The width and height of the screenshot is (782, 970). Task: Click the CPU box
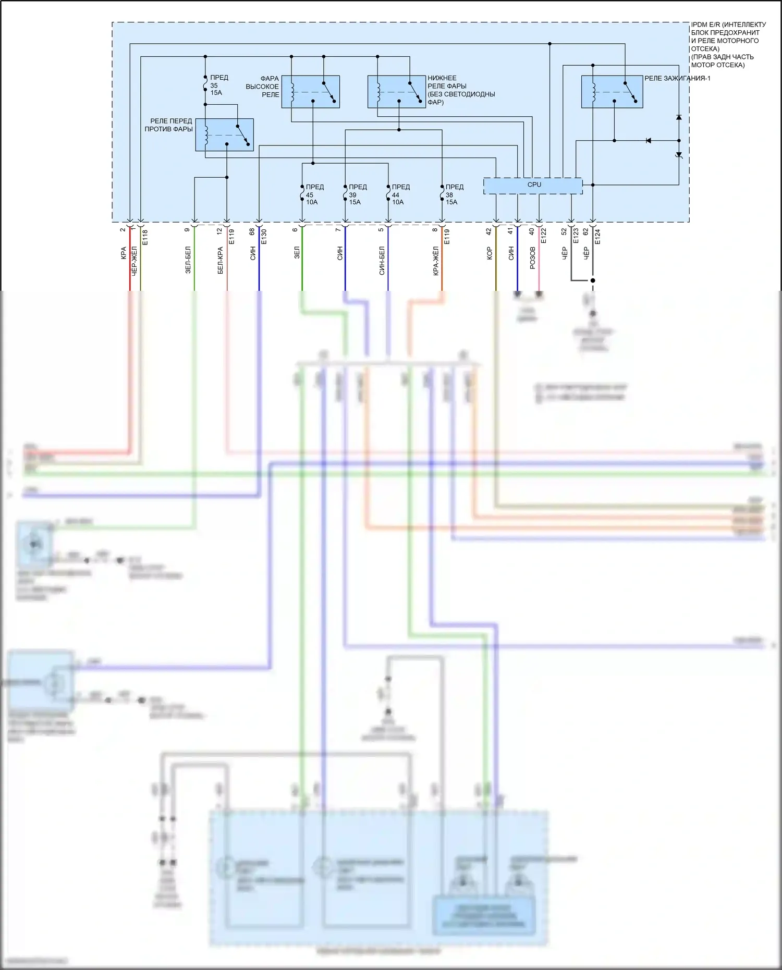tap(533, 186)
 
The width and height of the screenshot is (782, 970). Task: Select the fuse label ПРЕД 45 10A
tap(314, 194)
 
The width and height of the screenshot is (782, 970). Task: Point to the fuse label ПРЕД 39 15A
tap(357, 194)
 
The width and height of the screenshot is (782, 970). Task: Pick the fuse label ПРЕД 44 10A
tap(400, 194)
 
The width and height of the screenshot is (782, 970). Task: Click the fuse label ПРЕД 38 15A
tap(454, 194)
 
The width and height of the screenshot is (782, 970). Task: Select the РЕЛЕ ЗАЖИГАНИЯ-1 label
tap(677, 79)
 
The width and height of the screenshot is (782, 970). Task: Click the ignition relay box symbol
tap(612, 92)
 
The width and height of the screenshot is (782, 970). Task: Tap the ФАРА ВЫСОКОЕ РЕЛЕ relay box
tap(310, 92)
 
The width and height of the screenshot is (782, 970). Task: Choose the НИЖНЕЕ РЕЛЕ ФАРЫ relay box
tap(396, 92)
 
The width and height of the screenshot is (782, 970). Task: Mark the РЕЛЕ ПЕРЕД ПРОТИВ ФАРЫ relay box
tap(224, 135)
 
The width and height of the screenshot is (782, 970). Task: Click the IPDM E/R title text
tap(728, 45)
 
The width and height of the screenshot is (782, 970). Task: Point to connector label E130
tap(264, 237)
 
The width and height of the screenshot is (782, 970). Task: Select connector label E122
tap(543, 236)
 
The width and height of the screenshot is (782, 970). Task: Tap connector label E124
tap(597, 237)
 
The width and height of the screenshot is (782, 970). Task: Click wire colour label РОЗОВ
tap(532, 258)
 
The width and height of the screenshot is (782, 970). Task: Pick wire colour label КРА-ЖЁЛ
tap(436, 261)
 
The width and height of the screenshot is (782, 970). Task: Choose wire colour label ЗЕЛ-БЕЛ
tap(188, 260)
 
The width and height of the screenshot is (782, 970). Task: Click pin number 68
tap(252, 231)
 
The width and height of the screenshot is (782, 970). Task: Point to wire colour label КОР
tap(489, 254)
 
